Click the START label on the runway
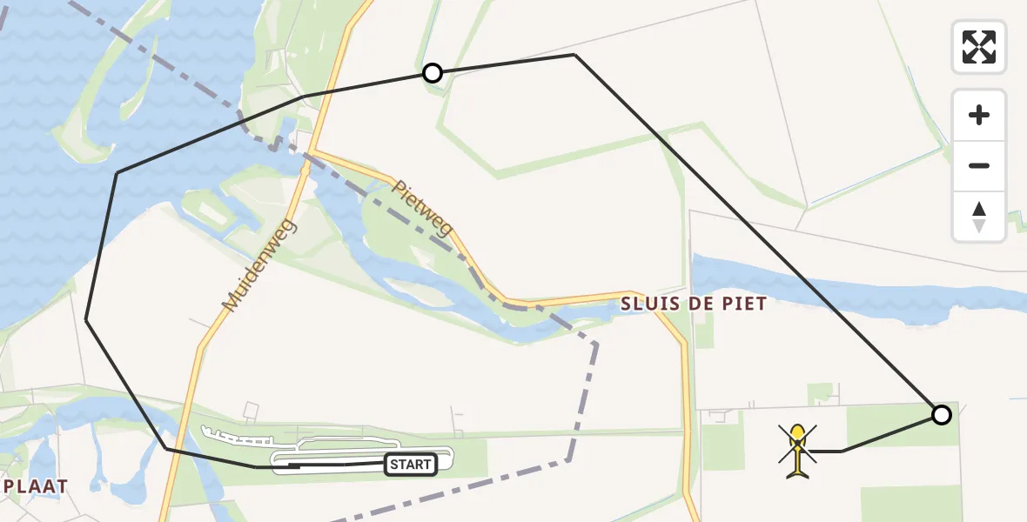[x=410, y=465]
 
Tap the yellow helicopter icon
[x=797, y=450]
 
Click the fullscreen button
[x=979, y=46]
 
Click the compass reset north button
[x=979, y=217]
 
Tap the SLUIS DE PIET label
[x=694, y=304]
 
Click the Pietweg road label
[x=422, y=209]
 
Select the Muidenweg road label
[x=259, y=265]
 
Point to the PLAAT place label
[x=35, y=486]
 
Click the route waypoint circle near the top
[x=433, y=73]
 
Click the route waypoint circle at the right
[x=941, y=415]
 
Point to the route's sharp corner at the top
[x=574, y=55]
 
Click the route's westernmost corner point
[x=86, y=320]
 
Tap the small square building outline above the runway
[x=252, y=409]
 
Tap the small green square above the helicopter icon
[x=819, y=394]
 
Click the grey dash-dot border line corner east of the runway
[x=596, y=345]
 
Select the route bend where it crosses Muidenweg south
[x=166, y=448]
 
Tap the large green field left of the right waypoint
[x=888, y=426]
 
